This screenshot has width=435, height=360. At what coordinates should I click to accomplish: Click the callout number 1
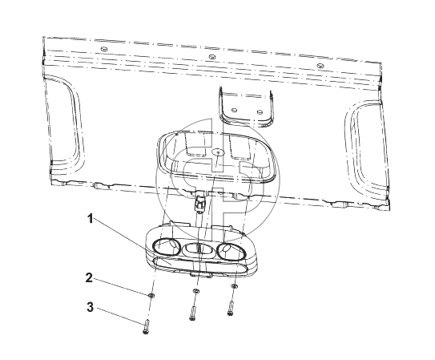pyautogui.click(x=91, y=219)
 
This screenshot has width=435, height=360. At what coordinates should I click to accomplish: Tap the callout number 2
pyautogui.click(x=89, y=278)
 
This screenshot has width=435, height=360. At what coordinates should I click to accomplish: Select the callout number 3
pyautogui.click(x=90, y=307)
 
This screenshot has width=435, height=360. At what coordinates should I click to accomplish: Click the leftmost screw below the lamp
pyautogui.click(x=147, y=326)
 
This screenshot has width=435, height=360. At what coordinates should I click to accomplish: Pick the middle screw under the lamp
pyautogui.click(x=192, y=313)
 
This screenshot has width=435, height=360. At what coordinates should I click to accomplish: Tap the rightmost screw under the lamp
pyautogui.click(x=231, y=309)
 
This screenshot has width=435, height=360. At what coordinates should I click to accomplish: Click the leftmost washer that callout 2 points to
pyautogui.click(x=151, y=295)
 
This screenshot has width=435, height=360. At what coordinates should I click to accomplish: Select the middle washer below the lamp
pyautogui.click(x=195, y=290)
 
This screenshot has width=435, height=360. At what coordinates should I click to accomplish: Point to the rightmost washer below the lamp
pyautogui.click(x=234, y=286)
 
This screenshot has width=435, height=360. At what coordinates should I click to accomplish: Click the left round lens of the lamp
pyautogui.click(x=166, y=246)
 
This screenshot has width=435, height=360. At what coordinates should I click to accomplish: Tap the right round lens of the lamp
pyautogui.click(x=231, y=251)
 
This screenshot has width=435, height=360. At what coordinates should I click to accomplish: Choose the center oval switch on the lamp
pyautogui.click(x=198, y=249)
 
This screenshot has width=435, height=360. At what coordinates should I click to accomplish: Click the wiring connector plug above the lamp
pyautogui.click(x=199, y=203)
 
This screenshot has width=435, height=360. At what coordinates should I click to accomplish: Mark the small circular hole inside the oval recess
pyautogui.click(x=218, y=152)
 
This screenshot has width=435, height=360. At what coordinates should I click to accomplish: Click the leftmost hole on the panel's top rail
pyautogui.click(x=104, y=49)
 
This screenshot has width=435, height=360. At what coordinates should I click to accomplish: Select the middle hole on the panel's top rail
pyautogui.click(x=212, y=57)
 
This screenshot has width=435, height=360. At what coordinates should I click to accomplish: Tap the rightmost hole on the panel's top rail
pyautogui.click(x=320, y=66)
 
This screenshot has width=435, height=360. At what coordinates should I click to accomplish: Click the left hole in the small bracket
pyautogui.click(x=234, y=110)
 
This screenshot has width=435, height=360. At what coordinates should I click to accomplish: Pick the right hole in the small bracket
pyautogui.click(x=260, y=112)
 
